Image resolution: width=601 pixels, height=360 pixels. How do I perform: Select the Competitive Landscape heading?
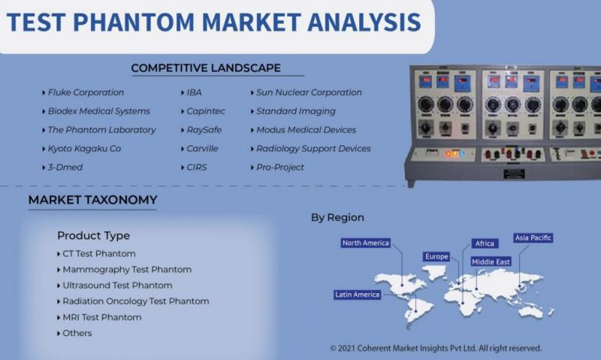(206, 68)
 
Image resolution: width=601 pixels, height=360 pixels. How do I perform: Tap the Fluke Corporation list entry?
(86, 92)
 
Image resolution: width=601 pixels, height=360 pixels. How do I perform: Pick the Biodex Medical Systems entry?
(99, 111)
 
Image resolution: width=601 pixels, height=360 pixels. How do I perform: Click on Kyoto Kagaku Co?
(84, 148)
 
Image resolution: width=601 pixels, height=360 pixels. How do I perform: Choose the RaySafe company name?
(204, 130)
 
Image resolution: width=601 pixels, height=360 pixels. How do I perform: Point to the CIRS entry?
(197, 167)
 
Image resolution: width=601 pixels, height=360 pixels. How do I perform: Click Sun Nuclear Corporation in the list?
(309, 92)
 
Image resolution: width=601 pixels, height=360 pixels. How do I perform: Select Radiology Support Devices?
(313, 148)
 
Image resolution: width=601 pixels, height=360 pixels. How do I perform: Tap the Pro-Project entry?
(280, 167)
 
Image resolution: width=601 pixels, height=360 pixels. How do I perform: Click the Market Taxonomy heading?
(92, 200)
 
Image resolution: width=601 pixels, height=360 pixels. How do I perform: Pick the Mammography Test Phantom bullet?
(127, 270)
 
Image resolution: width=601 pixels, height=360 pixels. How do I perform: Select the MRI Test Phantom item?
(102, 317)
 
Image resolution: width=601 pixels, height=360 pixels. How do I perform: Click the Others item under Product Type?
(77, 333)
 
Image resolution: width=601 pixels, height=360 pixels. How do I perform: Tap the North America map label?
(366, 243)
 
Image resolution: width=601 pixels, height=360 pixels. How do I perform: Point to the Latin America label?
(358, 295)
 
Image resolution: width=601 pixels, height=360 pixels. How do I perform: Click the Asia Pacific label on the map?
(533, 237)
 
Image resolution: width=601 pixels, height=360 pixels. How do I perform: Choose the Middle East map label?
(491, 262)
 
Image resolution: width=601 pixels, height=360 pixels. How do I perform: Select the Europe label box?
(436, 256)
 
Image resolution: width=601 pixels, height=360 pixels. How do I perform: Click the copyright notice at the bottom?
(436, 348)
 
